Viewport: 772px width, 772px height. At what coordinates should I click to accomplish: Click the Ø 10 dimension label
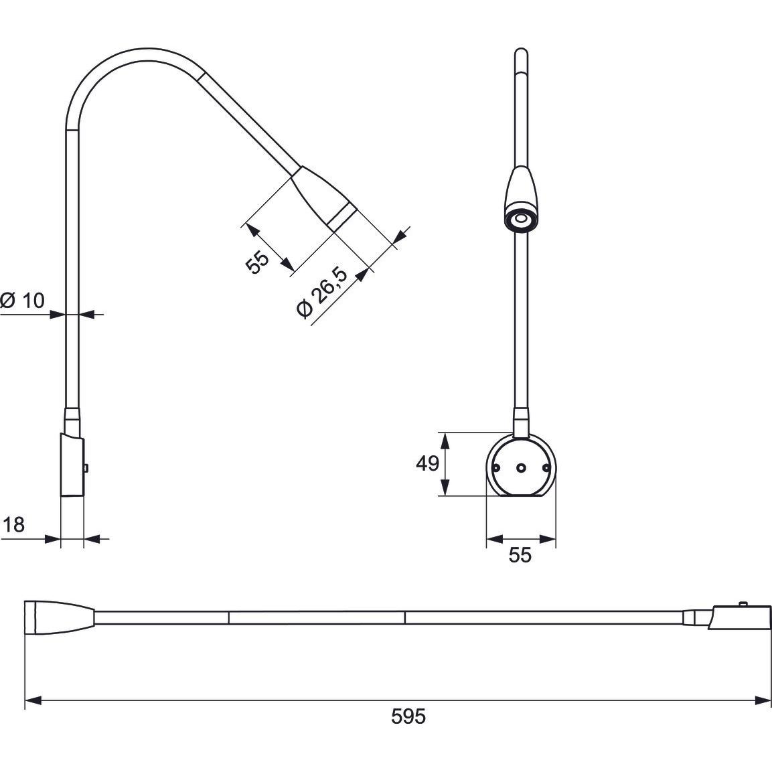tap(23, 300)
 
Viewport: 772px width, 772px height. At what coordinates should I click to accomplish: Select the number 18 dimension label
tap(13, 525)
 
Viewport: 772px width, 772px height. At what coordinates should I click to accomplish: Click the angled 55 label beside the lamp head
tap(257, 261)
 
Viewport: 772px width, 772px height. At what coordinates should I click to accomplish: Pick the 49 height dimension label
tap(427, 463)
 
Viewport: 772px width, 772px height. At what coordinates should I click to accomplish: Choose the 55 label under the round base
tap(520, 555)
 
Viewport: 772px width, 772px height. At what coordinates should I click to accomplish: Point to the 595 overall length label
tap(408, 716)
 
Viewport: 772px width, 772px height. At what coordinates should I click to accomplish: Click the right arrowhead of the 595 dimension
tap(763, 700)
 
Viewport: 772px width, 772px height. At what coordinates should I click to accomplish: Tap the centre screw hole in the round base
tap(521, 468)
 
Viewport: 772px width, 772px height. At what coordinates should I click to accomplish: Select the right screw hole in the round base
tap(546, 468)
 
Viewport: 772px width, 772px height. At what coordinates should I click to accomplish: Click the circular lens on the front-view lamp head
tap(520, 220)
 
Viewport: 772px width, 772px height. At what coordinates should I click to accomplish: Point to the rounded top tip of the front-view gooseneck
tap(520, 52)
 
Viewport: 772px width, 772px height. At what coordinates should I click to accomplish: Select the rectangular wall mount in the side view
tap(72, 465)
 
